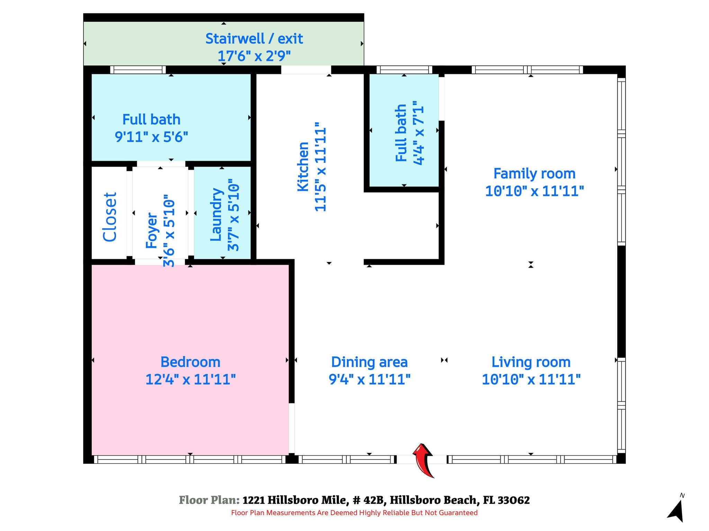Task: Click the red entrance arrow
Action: click(423, 460)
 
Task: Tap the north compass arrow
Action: click(676, 511)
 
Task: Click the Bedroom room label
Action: click(190, 362)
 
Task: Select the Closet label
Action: click(110, 217)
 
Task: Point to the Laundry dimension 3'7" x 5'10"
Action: click(233, 215)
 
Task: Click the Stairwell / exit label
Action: click(254, 38)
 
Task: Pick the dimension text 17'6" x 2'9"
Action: click(254, 56)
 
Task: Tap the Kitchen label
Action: click(303, 166)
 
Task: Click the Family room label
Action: click(535, 174)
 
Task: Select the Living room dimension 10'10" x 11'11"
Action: click(531, 380)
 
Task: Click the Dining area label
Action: click(369, 362)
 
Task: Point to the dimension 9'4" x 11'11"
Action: click(369, 380)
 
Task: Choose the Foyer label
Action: click(152, 231)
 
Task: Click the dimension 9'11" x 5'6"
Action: click(151, 137)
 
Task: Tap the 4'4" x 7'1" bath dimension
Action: click(418, 133)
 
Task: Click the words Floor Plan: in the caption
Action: click(209, 500)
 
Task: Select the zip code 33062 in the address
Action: click(514, 500)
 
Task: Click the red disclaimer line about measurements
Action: click(354, 513)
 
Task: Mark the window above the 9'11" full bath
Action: click(138, 69)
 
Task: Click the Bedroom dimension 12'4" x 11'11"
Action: click(190, 380)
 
